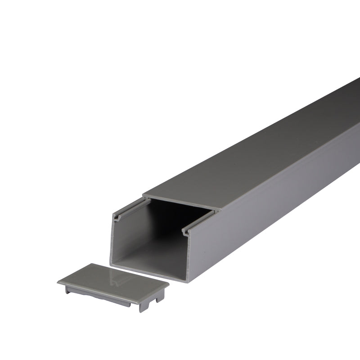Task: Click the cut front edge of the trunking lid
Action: click(180, 202)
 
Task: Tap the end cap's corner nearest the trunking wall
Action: click(167, 285)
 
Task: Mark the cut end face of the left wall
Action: click(111, 243)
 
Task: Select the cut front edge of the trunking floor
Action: click(148, 273)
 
